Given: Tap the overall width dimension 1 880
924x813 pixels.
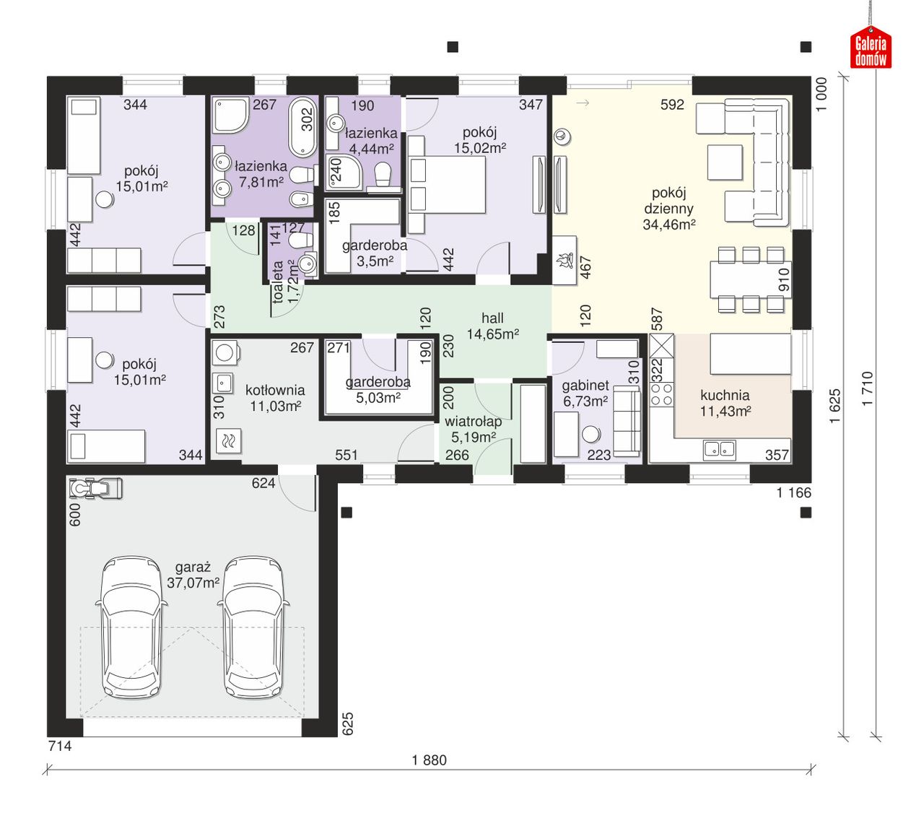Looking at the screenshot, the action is [430, 760].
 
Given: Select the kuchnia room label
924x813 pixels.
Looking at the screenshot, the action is [725, 395].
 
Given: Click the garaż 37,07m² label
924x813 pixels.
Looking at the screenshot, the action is [193, 575].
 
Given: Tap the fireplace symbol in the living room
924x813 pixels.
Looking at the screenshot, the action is [565, 261].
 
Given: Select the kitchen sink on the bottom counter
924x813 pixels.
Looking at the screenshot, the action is [719, 450].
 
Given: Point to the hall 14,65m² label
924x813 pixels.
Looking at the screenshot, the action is [492, 326].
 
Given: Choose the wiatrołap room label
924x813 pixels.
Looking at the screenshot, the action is [473, 422].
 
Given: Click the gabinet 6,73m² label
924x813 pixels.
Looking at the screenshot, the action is [585, 394].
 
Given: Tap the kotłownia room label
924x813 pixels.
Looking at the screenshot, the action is [275, 390].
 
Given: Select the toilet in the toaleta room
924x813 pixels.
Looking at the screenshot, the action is [300, 240].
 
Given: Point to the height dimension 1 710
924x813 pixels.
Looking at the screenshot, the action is [867, 388].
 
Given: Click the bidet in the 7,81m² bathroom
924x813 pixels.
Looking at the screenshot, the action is [301, 199].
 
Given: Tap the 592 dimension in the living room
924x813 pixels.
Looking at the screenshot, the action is [672, 105].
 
